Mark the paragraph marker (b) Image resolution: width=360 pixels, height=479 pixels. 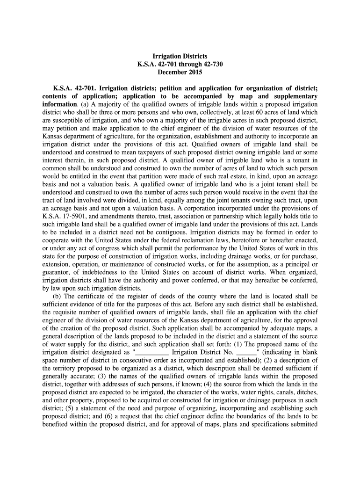coord(56,296)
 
